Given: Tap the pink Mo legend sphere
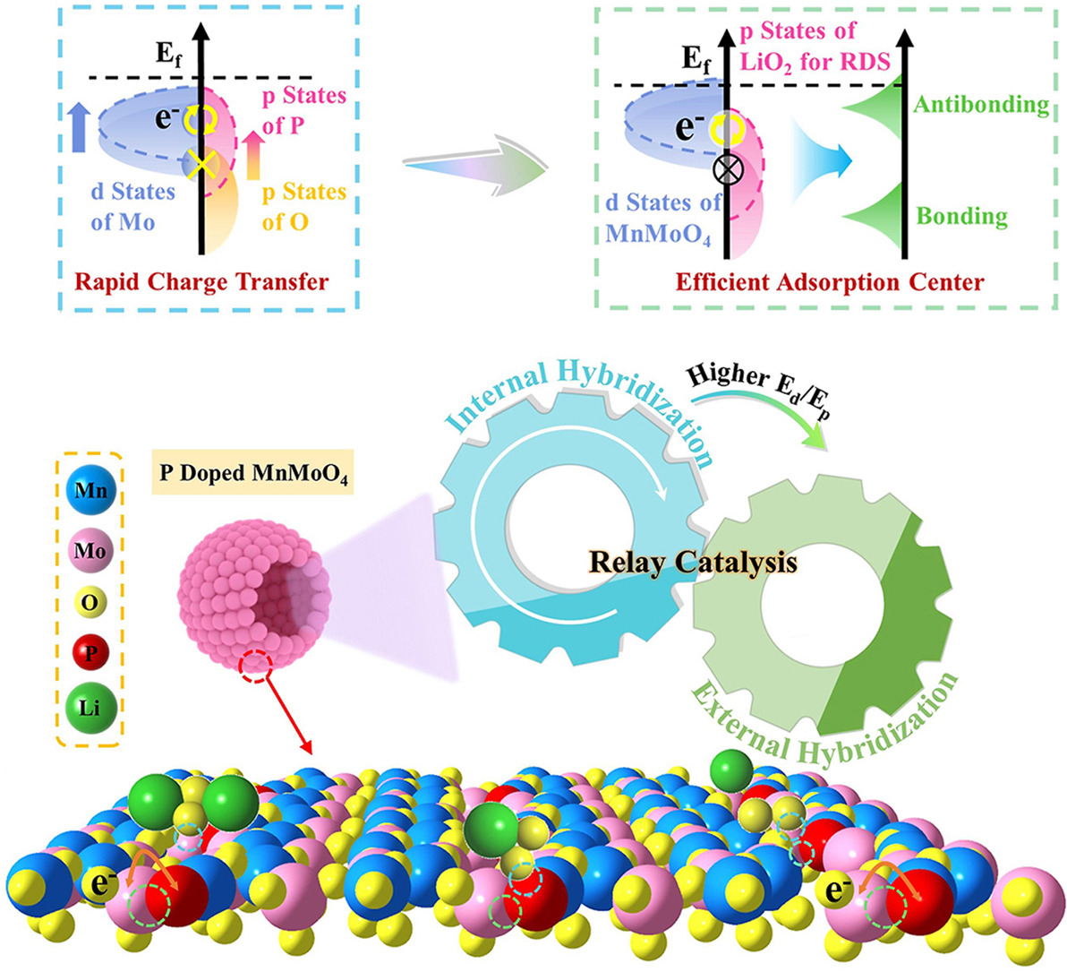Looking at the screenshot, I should click(x=89, y=549).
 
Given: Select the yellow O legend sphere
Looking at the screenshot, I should click(x=89, y=603).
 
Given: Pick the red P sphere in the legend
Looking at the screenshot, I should click(x=89, y=654).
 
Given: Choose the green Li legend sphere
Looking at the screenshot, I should click(x=89, y=709).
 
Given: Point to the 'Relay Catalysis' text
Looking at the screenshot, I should click(x=692, y=563).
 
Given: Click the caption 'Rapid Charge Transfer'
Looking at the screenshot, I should click(x=201, y=282).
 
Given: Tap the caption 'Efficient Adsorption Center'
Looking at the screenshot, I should click(x=830, y=282).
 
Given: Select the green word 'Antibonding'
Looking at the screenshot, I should click(x=980, y=105).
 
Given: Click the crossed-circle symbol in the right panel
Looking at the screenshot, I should click(x=726, y=168).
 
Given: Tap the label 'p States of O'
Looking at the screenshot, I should click(x=303, y=206).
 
